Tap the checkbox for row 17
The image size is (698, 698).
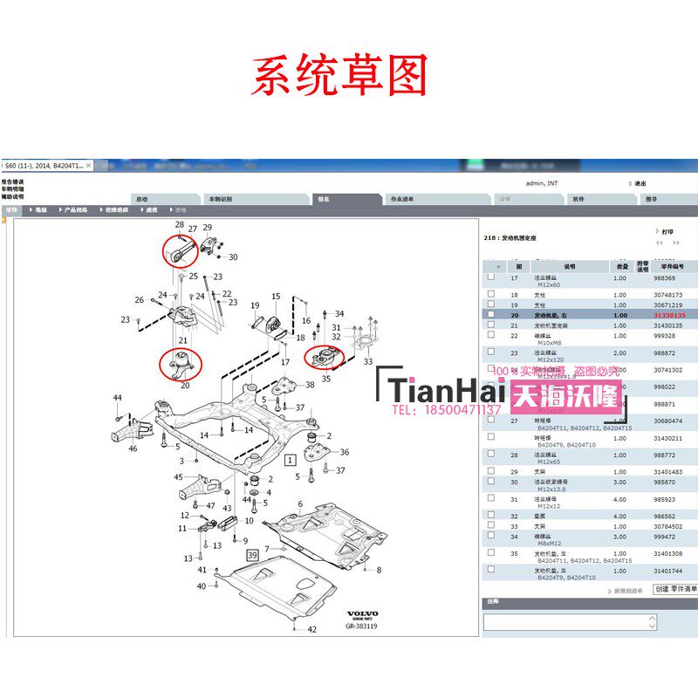tap(491, 277)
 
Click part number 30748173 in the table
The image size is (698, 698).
tap(669, 295)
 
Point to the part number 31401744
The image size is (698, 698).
tap(670, 571)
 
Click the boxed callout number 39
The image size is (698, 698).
tap(253, 554)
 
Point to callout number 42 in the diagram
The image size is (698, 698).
tap(312, 629)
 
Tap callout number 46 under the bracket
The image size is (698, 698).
tap(133, 448)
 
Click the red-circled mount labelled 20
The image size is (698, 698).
tap(181, 362)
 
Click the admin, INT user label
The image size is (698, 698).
tap(545, 184)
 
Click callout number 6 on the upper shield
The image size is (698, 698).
tap(299, 503)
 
